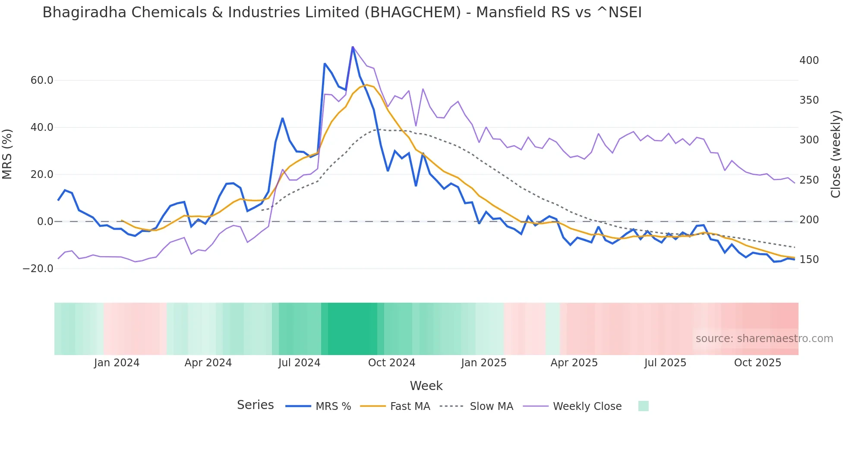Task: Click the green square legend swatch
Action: pyautogui.click(x=643, y=406)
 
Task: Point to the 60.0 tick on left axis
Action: pyautogui.click(x=42, y=80)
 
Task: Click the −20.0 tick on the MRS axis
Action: pyautogui.click(x=38, y=269)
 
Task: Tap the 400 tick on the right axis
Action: pyautogui.click(x=809, y=60)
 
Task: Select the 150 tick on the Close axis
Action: pyautogui.click(x=809, y=260)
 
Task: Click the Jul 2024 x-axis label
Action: pyautogui.click(x=299, y=363)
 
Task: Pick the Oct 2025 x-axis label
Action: pyautogui.click(x=758, y=363)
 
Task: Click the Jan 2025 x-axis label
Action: pyautogui.click(x=483, y=363)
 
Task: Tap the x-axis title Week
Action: pyautogui.click(x=426, y=386)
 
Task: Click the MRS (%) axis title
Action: pyautogui.click(x=7, y=154)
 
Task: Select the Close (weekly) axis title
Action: pyautogui.click(x=836, y=154)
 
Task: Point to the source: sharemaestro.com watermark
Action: pyautogui.click(x=764, y=339)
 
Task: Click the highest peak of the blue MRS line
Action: pyautogui.click(x=353, y=47)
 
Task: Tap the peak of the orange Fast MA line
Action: pyautogui.click(x=366, y=85)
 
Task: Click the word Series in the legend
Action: pyautogui.click(x=255, y=405)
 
